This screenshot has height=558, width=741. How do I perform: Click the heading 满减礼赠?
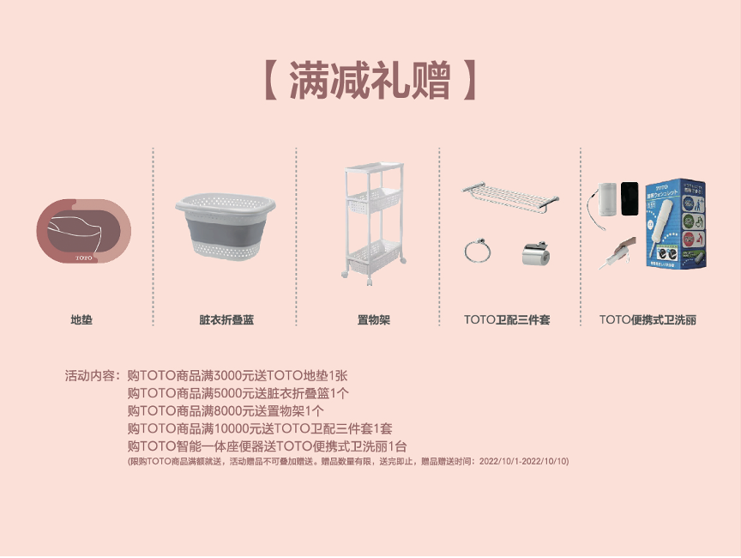[x=370, y=81]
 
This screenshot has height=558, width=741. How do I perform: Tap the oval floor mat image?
[x=84, y=231]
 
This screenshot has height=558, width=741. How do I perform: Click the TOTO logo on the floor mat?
[x=84, y=258]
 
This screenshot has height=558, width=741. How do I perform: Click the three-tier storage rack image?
[x=374, y=222]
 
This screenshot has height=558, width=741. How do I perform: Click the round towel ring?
[x=478, y=251]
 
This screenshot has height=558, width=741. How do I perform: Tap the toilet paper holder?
[x=536, y=253]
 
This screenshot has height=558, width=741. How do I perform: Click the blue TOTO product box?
[x=676, y=224]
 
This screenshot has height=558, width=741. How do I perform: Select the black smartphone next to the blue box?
[x=630, y=198]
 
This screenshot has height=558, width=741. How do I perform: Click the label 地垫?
[x=81, y=320]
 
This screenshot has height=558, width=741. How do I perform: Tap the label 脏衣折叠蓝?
[x=226, y=320]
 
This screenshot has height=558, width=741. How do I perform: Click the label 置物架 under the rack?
[x=373, y=320]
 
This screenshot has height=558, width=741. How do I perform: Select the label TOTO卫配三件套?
[x=507, y=320]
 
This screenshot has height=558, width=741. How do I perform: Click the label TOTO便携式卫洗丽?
[x=648, y=320]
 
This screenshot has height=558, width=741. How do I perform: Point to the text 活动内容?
[x=90, y=376]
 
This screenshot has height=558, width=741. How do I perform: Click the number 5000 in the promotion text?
[x=228, y=393]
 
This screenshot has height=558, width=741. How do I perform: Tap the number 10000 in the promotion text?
[x=232, y=429]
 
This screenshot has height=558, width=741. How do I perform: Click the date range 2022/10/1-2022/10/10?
[x=523, y=462]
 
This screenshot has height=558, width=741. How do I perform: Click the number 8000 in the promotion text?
[x=228, y=411]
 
